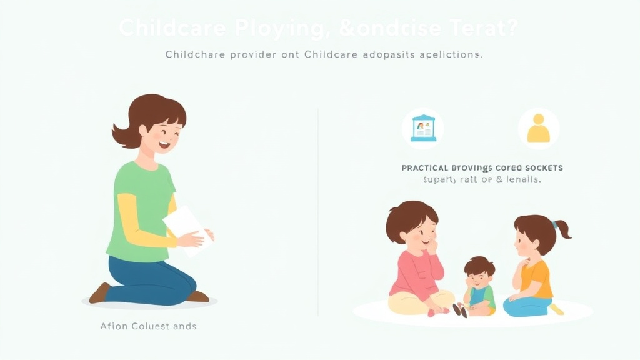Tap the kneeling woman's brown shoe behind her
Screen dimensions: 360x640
pyautogui.click(x=100, y=292)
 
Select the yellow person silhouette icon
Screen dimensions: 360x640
pyautogui.click(x=538, y=129)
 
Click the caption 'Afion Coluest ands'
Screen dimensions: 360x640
pyautogui.click(x=148, y=326)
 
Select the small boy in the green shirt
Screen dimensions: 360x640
pyautogui.click(x=480, y=287)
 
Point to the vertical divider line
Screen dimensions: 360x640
pyautogui.click(x=318, y=212)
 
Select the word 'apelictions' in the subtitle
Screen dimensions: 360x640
pyautogui.click(x=449, y=54)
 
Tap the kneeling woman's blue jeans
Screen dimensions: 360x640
pyautogui.click(x=150, y=275)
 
